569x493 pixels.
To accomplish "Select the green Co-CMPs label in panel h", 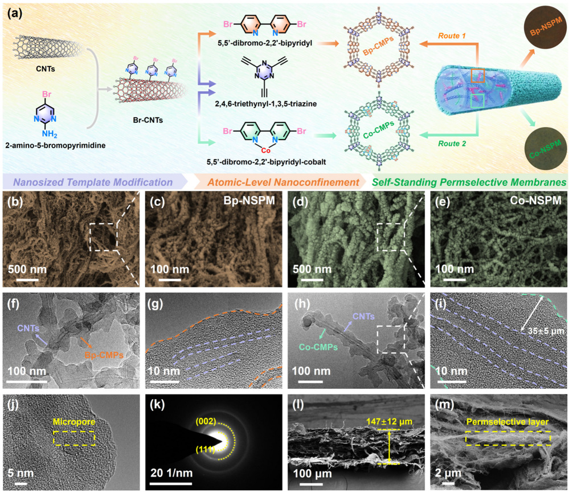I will (315, 354).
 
